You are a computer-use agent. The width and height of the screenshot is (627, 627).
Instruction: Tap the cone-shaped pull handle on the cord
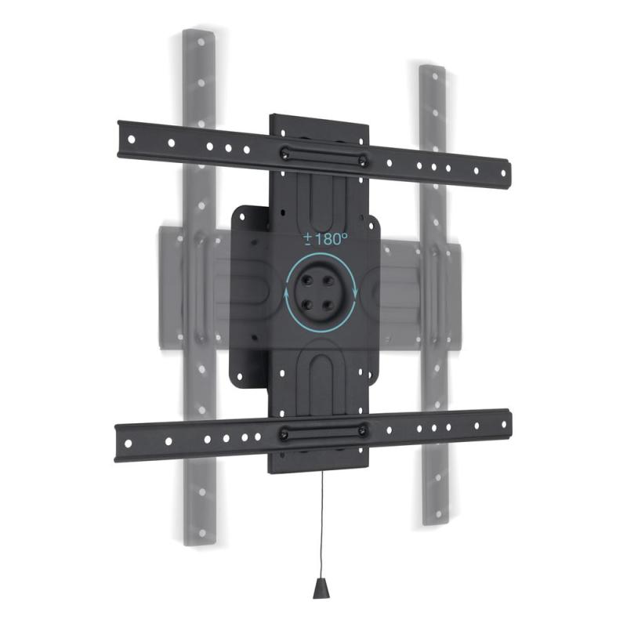320,590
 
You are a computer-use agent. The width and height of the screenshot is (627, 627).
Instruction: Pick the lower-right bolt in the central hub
329,306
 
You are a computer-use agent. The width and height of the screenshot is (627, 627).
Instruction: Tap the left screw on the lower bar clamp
283,432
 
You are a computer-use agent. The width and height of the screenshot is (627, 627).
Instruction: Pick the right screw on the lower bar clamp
363,429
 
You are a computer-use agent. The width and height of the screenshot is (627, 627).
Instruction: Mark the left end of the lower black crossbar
119,444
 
